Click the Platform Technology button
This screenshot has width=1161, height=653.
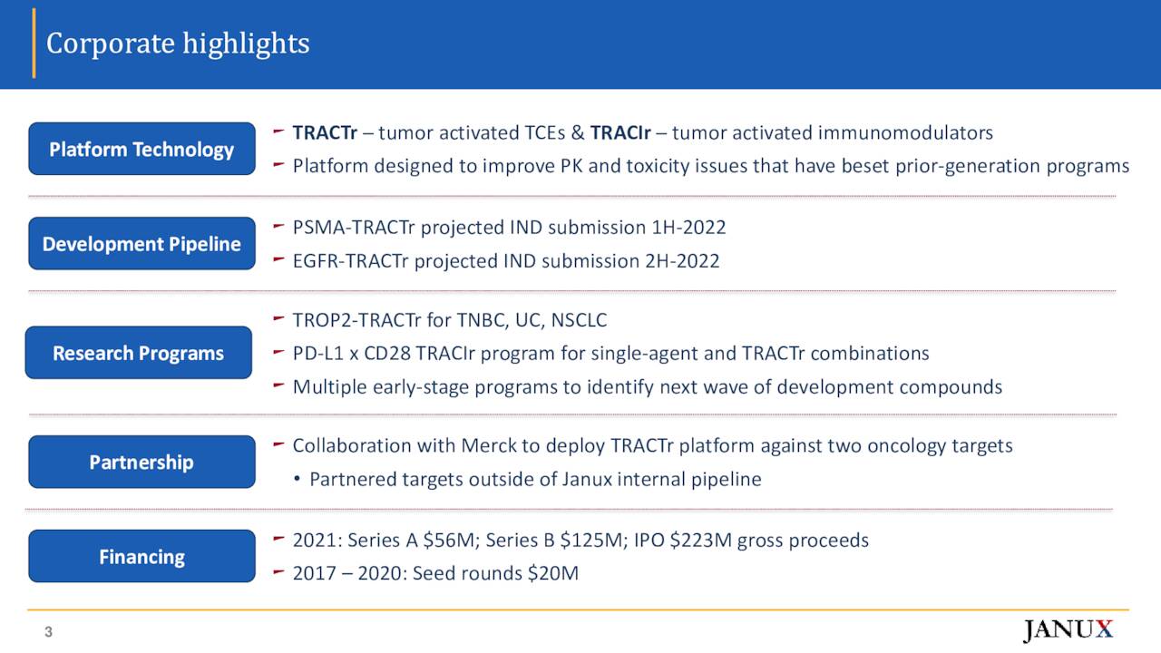pos(141,149)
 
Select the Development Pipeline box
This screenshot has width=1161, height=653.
pos(141,243)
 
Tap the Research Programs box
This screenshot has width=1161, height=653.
pos(138,353)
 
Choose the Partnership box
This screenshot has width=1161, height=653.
pos(141,462)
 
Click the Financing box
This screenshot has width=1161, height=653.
pos(141,556)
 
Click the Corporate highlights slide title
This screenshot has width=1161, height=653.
pos(178,44)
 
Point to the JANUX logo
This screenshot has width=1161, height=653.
pos(1068,630)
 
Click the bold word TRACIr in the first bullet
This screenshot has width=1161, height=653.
pos(620,133)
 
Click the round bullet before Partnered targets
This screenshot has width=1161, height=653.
pos(298,480)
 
